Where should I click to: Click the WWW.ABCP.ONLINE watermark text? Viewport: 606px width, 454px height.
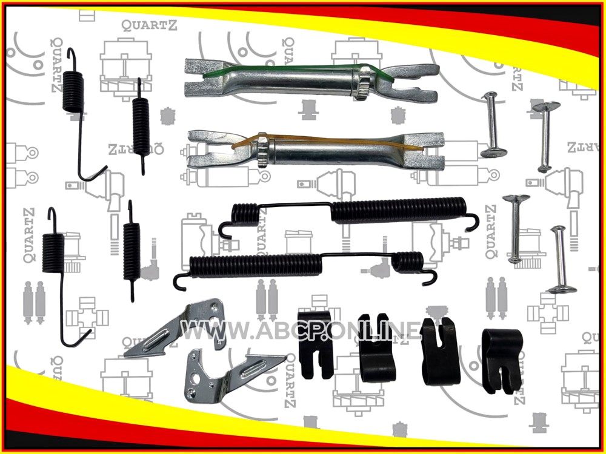pyautogui.click(x=301, y=331)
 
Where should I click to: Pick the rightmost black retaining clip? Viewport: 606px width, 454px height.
pyautogui.click(x=502, y=361)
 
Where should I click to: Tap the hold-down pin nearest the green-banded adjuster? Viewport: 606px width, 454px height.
pyautogui.click(x=492, y=125)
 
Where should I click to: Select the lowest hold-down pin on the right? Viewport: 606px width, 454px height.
pyautogui.click(x=561, y=260)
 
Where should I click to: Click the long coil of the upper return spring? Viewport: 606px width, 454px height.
pyautogui.click(x=399, y=210)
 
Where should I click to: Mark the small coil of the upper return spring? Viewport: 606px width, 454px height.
pyautogui.click(x=245, y=214)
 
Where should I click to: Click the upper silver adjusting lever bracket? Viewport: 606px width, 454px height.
pyautogui.click(x=175, y=327)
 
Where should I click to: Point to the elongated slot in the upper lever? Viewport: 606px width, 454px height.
pyautogui.click(x=156, y=340)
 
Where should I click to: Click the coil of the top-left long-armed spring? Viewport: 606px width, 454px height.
pyautogui.click(x=73, y=92)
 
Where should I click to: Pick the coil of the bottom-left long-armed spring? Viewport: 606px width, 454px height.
pyautogui.click(x=53, y=253)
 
